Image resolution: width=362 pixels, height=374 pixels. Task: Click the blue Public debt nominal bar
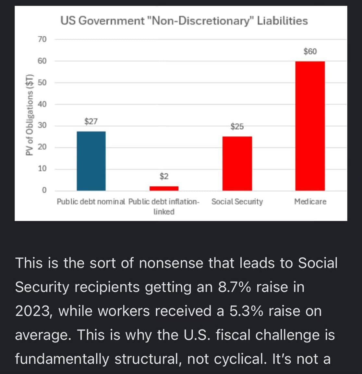(x=91, y=161)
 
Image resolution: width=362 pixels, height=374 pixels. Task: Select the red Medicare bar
(x=310, y=126)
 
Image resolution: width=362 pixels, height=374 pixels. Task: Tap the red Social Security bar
(x=237, y=163)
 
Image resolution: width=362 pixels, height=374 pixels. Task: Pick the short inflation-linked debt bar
(x=164, y=188)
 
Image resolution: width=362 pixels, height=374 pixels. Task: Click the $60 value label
(x=310, y=51)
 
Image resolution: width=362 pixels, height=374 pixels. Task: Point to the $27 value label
(x=91, y=121)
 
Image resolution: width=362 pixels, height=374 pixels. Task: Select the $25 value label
(x=237, y=127)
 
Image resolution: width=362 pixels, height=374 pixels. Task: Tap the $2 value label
(x=164, y=176)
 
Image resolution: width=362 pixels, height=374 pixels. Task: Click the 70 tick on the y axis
(x=42, y=39)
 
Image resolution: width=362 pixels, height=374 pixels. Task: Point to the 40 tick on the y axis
(x=42, y=104)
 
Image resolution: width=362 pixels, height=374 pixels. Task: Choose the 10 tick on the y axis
(x=42, y=168)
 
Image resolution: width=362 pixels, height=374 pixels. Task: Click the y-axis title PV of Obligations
(x=30, y=115)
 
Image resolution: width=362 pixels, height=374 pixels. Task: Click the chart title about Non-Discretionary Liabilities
(x=184, y=21)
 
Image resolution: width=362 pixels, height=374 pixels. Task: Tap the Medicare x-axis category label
(x=310, y=202)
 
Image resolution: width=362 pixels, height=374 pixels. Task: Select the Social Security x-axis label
(x=237, y=202)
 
